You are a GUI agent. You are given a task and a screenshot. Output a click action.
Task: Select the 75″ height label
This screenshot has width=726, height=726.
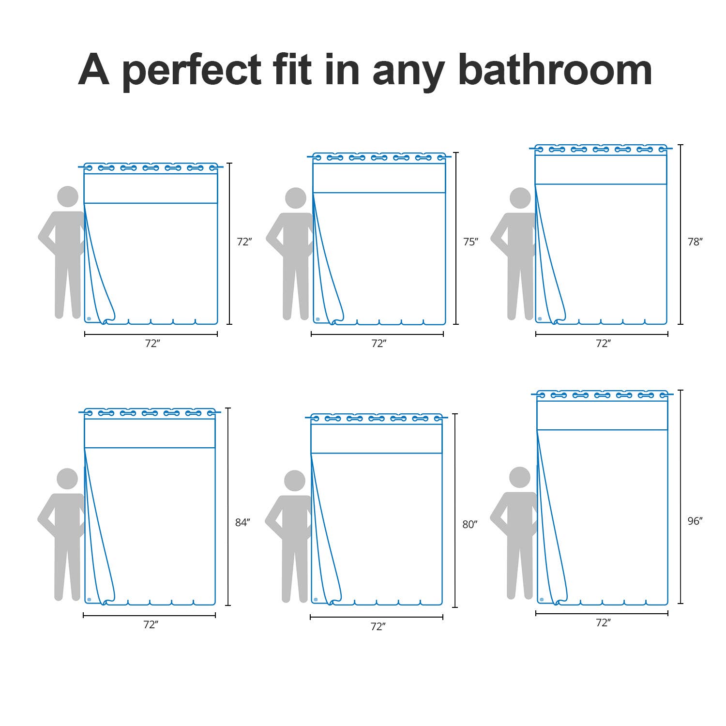[x=470, y=242]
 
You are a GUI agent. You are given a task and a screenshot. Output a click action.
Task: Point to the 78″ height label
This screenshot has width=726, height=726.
[x=695, y=242]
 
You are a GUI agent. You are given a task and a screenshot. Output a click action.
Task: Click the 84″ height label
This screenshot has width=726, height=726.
[x=242, y=522]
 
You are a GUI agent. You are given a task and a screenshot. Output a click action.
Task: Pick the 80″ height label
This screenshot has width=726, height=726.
[x=470, y=524]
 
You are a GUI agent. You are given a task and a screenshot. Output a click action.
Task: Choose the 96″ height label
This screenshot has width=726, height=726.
[x=695, y=521]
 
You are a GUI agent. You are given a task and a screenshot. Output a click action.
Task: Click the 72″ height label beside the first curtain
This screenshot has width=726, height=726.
[x=244, y=242]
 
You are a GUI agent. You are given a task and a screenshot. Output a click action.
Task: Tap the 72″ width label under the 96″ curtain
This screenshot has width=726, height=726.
[x=603, y=622]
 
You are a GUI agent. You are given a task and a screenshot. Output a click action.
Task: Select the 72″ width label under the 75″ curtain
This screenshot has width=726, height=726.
[x=378, y=343]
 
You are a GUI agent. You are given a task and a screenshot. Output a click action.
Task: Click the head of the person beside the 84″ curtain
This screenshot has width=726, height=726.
[x=67, y=479]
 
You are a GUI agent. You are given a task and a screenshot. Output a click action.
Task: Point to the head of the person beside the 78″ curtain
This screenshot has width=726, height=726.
[x=520, y=198]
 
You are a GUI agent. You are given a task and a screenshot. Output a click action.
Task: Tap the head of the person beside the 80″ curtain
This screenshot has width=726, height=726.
[x=294, y=481]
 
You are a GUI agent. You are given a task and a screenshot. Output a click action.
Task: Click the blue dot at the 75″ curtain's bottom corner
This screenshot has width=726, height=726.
[x=318, y=319]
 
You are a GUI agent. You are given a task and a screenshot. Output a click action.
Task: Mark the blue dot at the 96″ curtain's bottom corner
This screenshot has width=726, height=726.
[x=542, y=599]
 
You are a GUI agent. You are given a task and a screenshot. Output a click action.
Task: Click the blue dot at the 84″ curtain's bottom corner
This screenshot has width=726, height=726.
[x=89, y=600]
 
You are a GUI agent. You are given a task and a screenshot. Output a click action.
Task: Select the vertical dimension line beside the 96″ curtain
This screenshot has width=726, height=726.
[x=681, y=497]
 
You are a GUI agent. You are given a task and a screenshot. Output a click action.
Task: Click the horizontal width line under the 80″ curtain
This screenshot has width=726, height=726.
[x=377, y=617]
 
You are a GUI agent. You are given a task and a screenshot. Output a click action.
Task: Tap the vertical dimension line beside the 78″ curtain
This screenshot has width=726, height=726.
[x=681, y=234]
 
